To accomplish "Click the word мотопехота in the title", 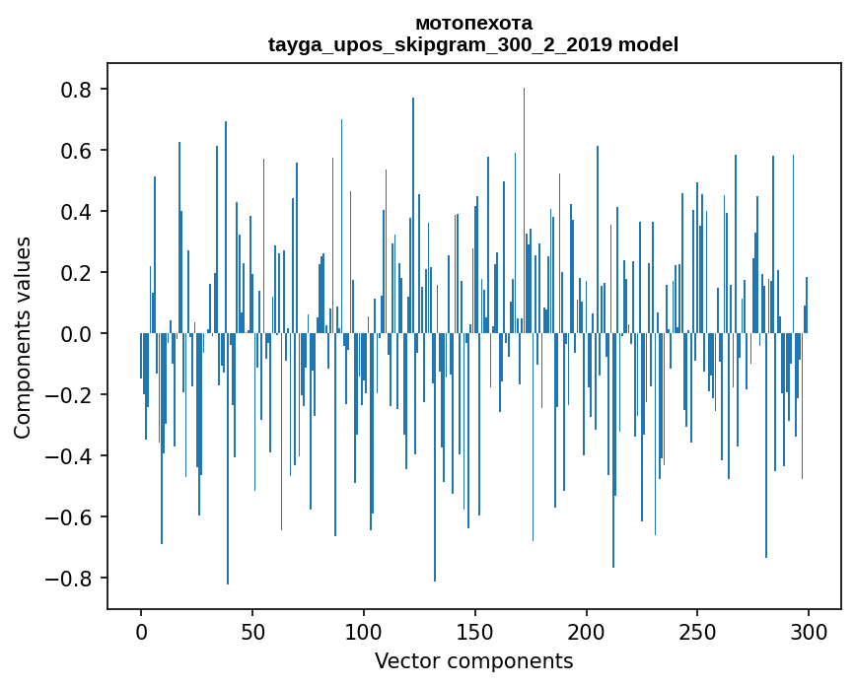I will [x=473, y=23].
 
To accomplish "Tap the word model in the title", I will [x=648, y=44].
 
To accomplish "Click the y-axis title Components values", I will [x=23, y=337].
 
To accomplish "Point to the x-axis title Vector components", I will [x=473, y=660].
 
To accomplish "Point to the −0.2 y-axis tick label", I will [x=67, y=395].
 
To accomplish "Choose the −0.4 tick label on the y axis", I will [x=67, y=456].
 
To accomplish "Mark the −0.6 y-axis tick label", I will [x=67, y=517].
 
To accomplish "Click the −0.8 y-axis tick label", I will [x=67, y=579].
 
